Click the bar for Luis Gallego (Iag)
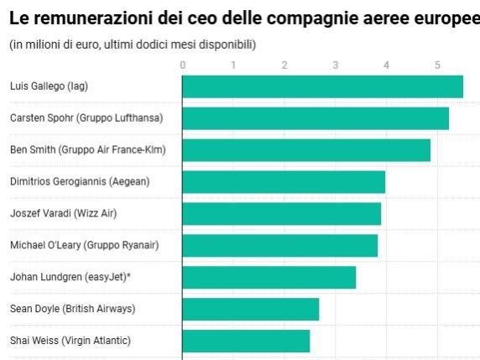coord(322,86)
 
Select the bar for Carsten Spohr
coord(316,118)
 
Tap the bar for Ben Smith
coord(306,150)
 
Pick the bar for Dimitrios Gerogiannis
coord(284,182)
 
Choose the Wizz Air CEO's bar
coord(281,214)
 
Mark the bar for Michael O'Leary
coord(279,245)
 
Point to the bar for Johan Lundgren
coord(269,277)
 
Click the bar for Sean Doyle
coord(250,309)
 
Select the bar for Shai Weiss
coord(246,341)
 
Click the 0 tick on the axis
coord(183,65)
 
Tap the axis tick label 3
coord(336,65)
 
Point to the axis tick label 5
coord(437,65)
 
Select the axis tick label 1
coord(233,65)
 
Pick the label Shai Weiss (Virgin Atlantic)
coord(70,341)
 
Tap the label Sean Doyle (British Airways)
coord(72,309)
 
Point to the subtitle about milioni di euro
coord(133,44)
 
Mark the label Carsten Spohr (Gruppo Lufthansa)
coord(86,118)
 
